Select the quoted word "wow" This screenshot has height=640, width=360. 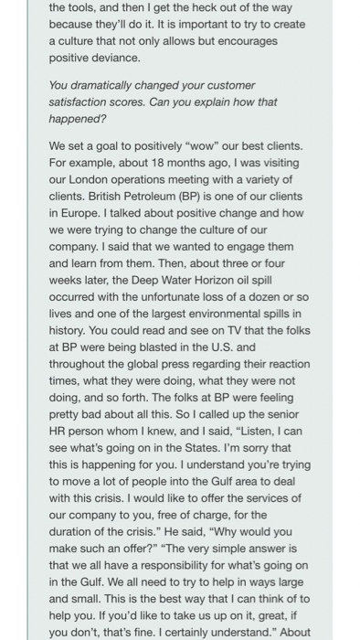click(x=207, y=145)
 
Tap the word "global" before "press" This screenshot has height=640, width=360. click(x=136, y=364)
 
